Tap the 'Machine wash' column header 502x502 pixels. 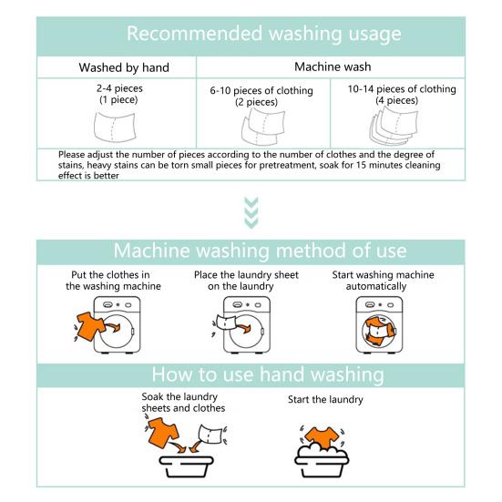tap(331, 67)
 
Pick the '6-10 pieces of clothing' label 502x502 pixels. tap(261, 91)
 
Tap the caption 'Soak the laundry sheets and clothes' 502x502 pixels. tap(183, 403)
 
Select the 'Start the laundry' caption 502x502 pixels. tap(325, 399)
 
